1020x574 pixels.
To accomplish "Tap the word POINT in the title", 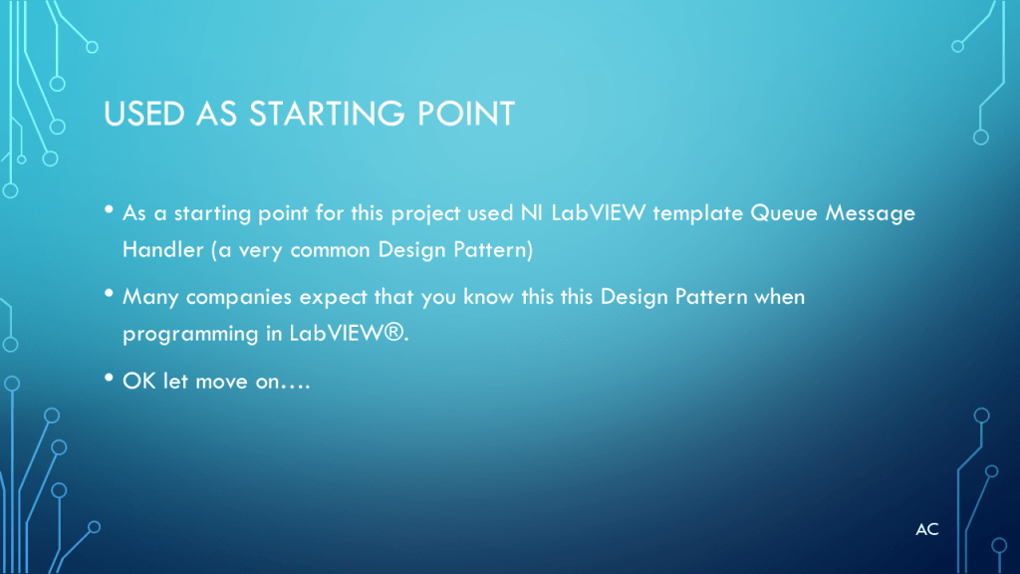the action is tap(466, 114).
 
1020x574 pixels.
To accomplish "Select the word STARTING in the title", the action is tap(327, 114).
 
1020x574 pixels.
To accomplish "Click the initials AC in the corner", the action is tap(927, 530).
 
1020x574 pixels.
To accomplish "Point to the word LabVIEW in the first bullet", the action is tap(599, 213).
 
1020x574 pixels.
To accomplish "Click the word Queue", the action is tap(784, 213).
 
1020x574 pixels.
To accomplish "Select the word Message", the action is tap(871, 213).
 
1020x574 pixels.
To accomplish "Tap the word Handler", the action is tap(162, 249).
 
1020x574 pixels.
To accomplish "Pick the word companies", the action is tap(239, 297).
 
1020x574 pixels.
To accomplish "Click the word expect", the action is tap(333, 298).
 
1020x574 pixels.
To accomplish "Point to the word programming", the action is tap(190, 335).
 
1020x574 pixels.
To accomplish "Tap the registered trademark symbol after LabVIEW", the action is tap(393, 332).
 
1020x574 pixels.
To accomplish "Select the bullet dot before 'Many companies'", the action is tap(109, 294).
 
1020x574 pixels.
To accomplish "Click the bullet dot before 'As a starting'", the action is tap(109, 209).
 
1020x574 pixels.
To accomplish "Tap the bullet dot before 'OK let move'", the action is tap(109, 378).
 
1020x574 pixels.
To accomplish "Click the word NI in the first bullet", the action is tap(532, 213).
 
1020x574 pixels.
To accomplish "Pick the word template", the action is tap(698, 214).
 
